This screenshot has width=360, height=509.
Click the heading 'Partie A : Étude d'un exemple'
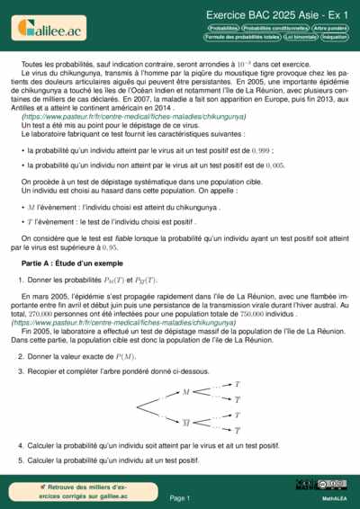(71, 262)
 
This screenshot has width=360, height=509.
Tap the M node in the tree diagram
(186, 392)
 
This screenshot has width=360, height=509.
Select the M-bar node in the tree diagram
(186, 421)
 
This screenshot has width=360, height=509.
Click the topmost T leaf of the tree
(237, 384)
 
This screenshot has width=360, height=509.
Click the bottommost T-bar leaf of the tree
(237, 431)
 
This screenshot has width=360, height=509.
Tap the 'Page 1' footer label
(180, 497)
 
